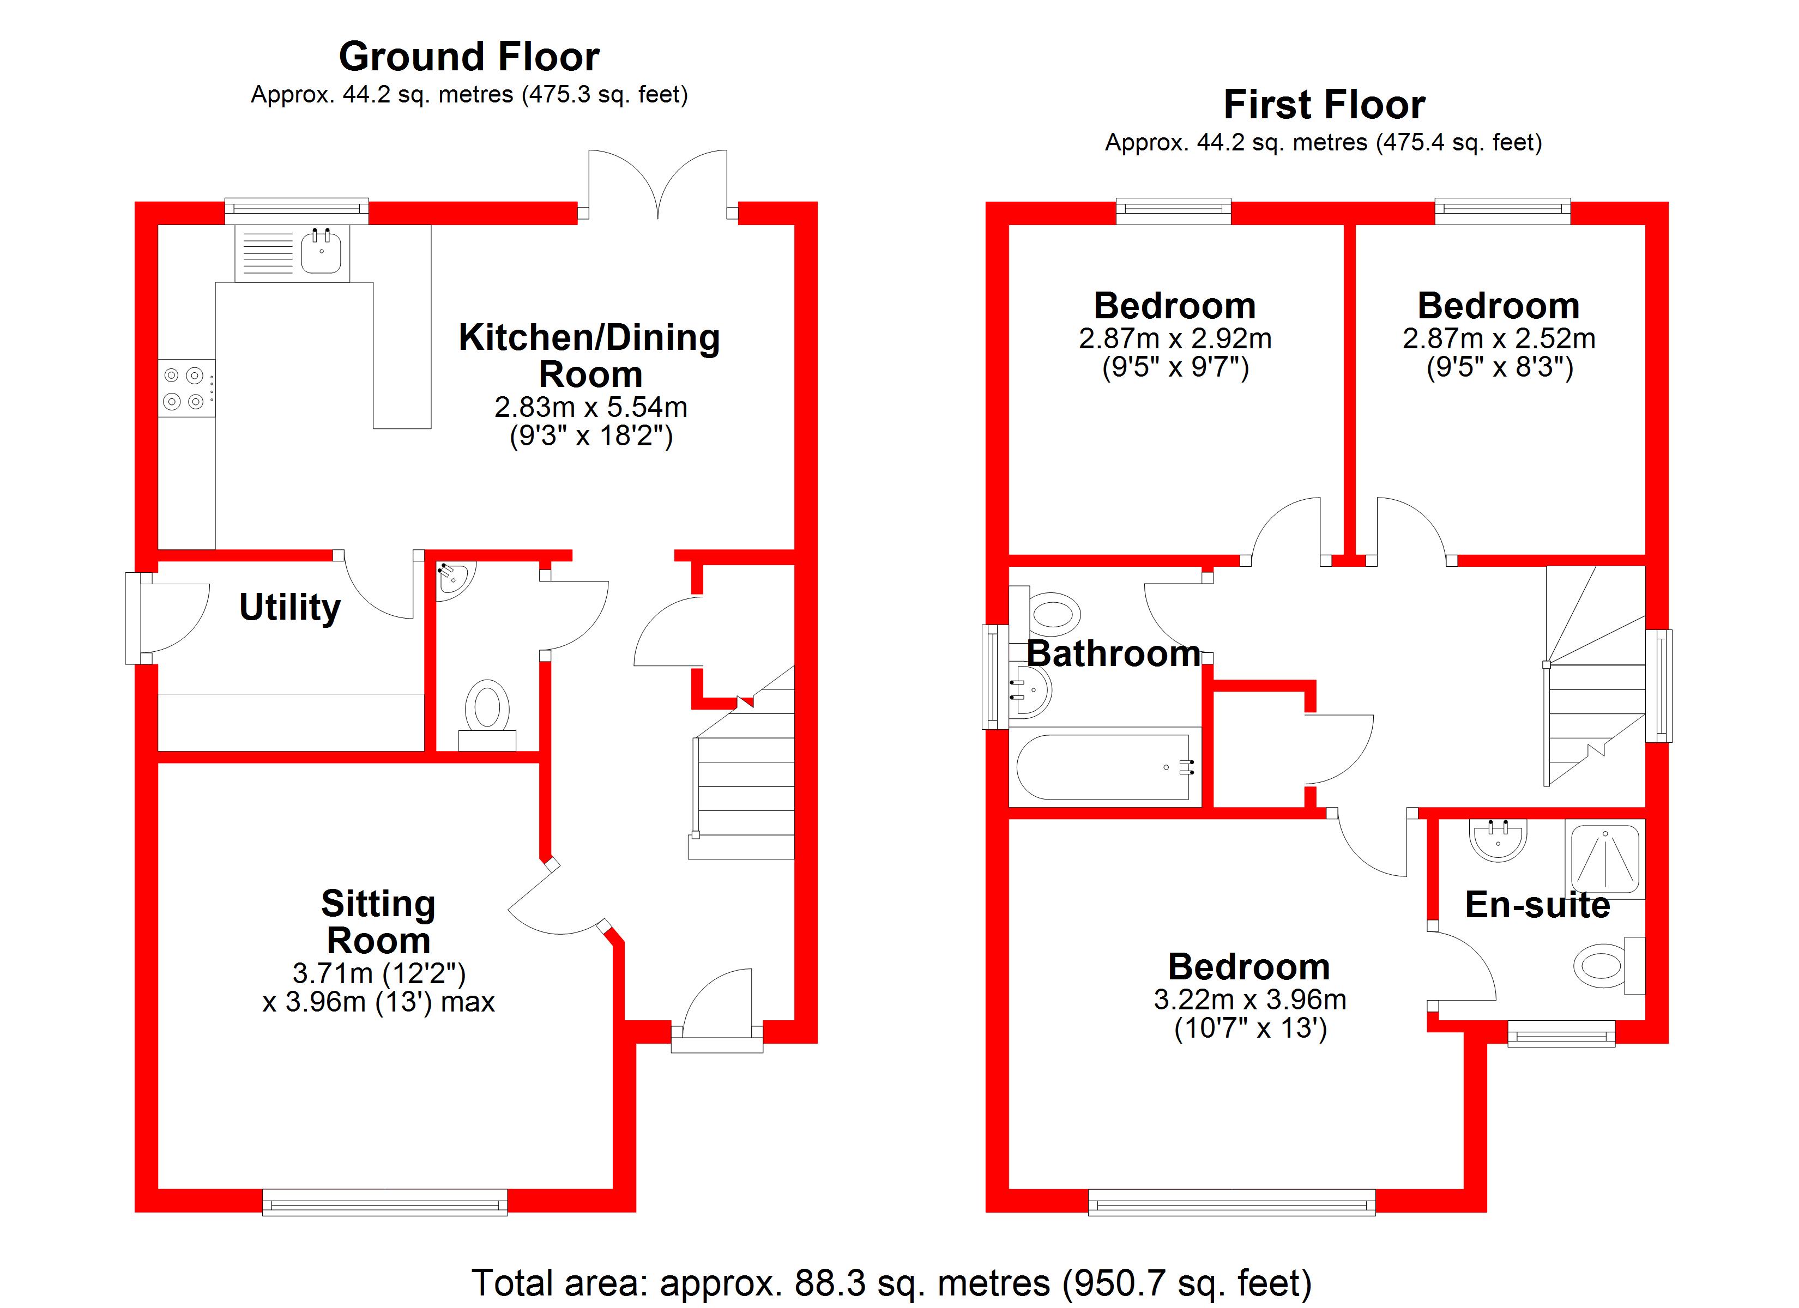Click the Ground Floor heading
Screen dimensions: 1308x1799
tap(469, 57)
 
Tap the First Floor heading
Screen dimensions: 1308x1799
tap(1324, 105)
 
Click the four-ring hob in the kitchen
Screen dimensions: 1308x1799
tap(184, 389)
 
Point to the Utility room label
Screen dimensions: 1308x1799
tap(291, 608)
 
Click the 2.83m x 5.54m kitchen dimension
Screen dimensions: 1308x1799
tap(591, 407)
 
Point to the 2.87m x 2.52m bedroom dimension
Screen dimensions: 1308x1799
tap(1499, 338)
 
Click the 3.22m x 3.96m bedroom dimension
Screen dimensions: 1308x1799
tap(1250, 1000)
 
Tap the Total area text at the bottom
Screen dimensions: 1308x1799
tap(891, 1282)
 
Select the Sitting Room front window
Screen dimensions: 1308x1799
tap(385, 1202)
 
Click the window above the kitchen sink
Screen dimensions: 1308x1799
tap(297, 209)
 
